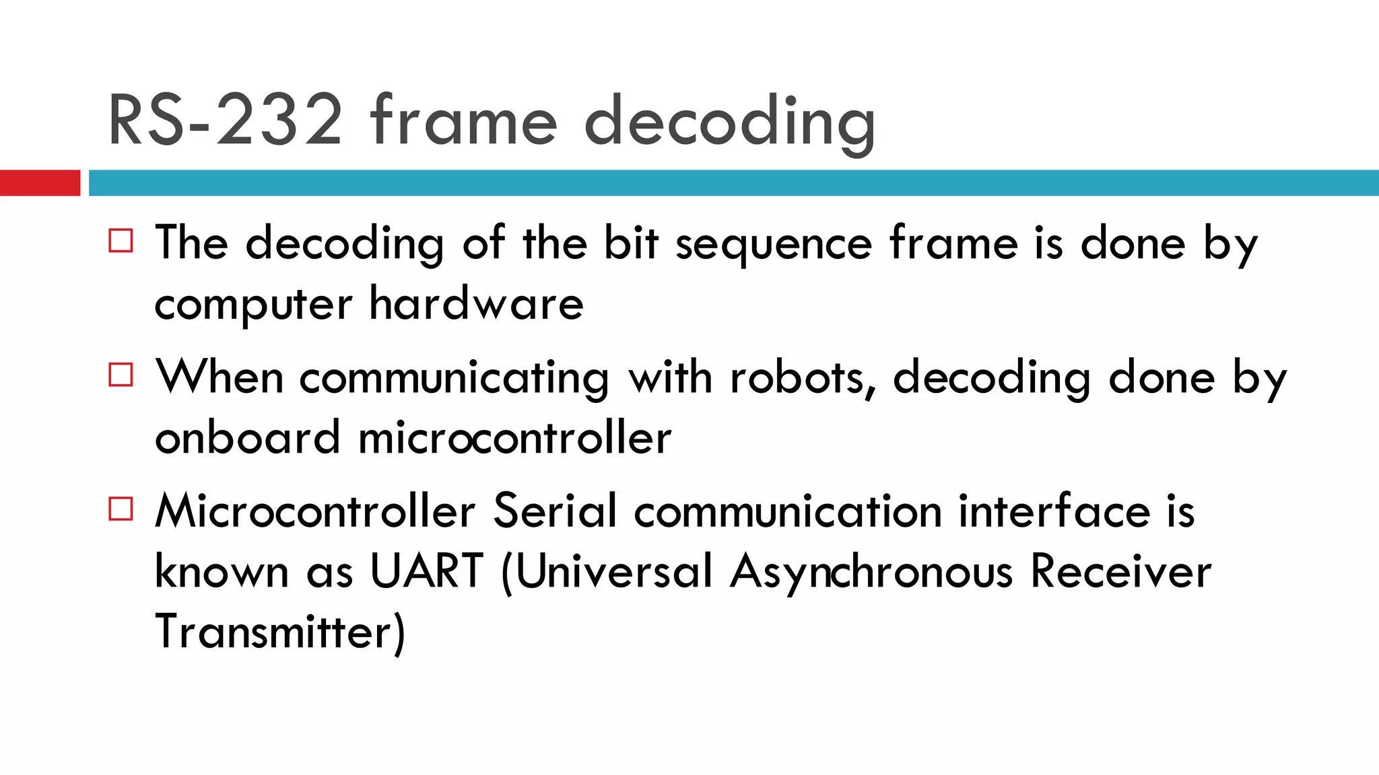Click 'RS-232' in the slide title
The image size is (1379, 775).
(226, 121)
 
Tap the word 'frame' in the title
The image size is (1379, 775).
(464, 121)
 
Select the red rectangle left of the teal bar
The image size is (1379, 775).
(40, 183)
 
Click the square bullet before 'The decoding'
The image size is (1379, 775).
(121, 240)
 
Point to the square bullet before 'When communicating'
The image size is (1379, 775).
(121, 375)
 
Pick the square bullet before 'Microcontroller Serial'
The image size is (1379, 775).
(121, 509)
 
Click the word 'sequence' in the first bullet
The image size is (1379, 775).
(774, 244)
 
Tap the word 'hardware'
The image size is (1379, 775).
(476, 304)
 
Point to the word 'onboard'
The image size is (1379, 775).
(247, 438)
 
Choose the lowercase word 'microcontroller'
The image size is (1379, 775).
(514, 438)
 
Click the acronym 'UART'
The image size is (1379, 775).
(427, 572)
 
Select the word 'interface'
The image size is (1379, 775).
(1054, 511)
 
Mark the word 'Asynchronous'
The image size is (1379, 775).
(871, 573)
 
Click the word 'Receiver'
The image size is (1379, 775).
(1121, 572)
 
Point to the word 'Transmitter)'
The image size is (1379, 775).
(280, 632)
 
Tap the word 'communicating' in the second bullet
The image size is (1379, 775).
(455, 378)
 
